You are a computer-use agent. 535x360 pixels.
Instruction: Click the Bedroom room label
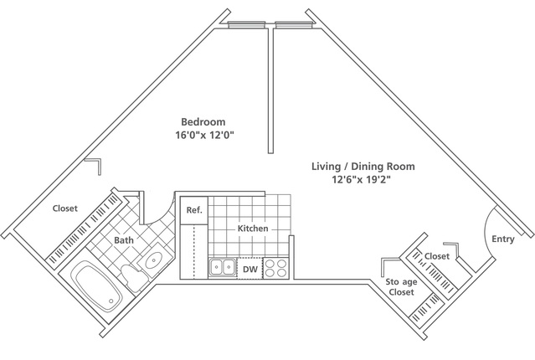pos(203,122)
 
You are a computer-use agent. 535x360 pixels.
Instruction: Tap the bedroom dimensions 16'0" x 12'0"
pos(204,135)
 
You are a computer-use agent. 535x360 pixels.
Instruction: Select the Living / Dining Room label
pos(363,167)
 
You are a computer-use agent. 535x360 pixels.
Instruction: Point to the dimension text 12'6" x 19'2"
pos(362,179)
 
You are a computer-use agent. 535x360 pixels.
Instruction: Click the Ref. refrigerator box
pos(193,210)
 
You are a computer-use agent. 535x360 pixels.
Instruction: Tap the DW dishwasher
pos(250,269)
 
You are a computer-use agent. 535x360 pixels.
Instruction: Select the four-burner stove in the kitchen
pos(276,268)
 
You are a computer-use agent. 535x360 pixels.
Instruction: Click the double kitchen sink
pos(222,267)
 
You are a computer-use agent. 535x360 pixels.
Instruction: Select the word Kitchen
pos(253,229)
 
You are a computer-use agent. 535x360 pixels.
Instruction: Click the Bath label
pos(124,240)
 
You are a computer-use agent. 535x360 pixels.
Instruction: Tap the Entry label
pos(503,239)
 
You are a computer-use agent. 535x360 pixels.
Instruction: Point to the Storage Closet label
pos(402,287)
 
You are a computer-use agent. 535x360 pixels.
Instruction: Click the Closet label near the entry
pos(437,256)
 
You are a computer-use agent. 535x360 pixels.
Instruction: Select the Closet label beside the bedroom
pos(65,208)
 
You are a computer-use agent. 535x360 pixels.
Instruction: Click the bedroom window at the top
pos(246,24)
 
